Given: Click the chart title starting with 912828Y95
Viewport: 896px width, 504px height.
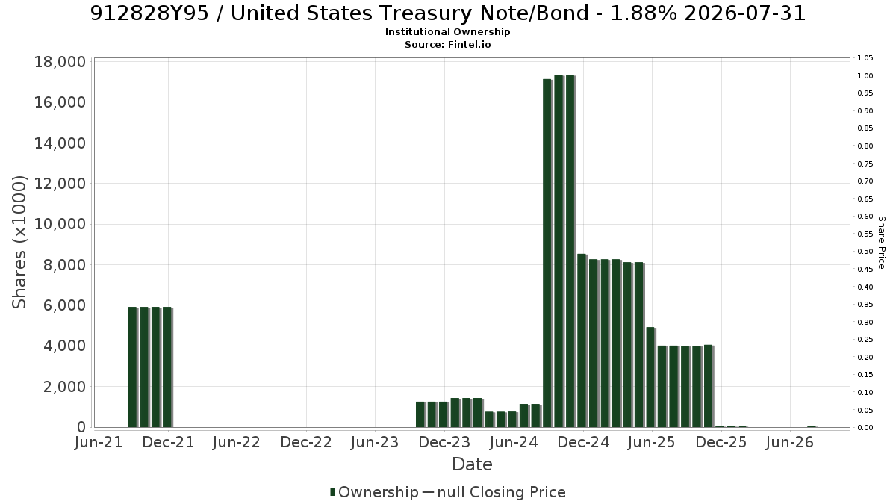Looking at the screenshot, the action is point(447,13).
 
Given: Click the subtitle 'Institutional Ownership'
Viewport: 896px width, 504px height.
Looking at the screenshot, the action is point(447,32).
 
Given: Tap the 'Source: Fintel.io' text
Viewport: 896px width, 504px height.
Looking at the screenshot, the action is point(447,44).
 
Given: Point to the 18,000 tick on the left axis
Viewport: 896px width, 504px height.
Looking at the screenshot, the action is point(60,62).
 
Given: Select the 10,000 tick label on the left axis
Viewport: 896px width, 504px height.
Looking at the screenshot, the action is point(60,224).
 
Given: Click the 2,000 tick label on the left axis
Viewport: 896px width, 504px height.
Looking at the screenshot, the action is point(65,387).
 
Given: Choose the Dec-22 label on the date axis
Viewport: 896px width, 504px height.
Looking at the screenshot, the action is point(306,442).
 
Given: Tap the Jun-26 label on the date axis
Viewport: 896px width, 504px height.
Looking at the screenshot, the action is point(790,442).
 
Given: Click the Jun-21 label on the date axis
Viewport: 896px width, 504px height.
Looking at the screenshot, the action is point(99,442).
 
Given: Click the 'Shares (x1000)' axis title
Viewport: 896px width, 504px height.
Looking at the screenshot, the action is point(19,243).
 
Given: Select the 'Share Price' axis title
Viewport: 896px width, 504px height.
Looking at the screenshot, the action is point(881,243).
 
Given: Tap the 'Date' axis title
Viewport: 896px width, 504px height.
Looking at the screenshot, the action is point(472,464).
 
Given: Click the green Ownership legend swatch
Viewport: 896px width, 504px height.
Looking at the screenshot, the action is point(332,492).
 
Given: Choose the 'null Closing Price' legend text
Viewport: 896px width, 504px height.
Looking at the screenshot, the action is point(502,492).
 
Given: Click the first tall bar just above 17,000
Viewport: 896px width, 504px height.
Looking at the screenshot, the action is point(547,253).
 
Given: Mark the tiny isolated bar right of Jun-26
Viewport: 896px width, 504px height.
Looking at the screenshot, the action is point(812,427).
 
